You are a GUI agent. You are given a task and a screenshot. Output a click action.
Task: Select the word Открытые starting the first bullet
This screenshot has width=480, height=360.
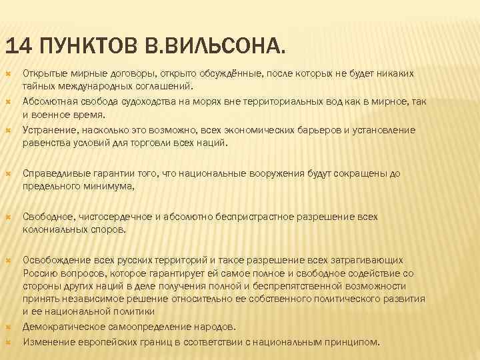(43, 73)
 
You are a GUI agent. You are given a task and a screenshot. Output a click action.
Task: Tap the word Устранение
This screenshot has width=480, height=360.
(47, 130)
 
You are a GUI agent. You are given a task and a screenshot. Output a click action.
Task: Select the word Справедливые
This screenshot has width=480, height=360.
(54, 173)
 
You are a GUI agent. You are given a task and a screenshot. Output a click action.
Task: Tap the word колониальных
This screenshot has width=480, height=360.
(56, 230)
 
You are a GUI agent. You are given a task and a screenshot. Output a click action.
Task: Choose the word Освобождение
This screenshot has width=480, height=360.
(53, 260)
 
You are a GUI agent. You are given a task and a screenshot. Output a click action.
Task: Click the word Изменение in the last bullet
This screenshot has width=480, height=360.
(46, 341)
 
